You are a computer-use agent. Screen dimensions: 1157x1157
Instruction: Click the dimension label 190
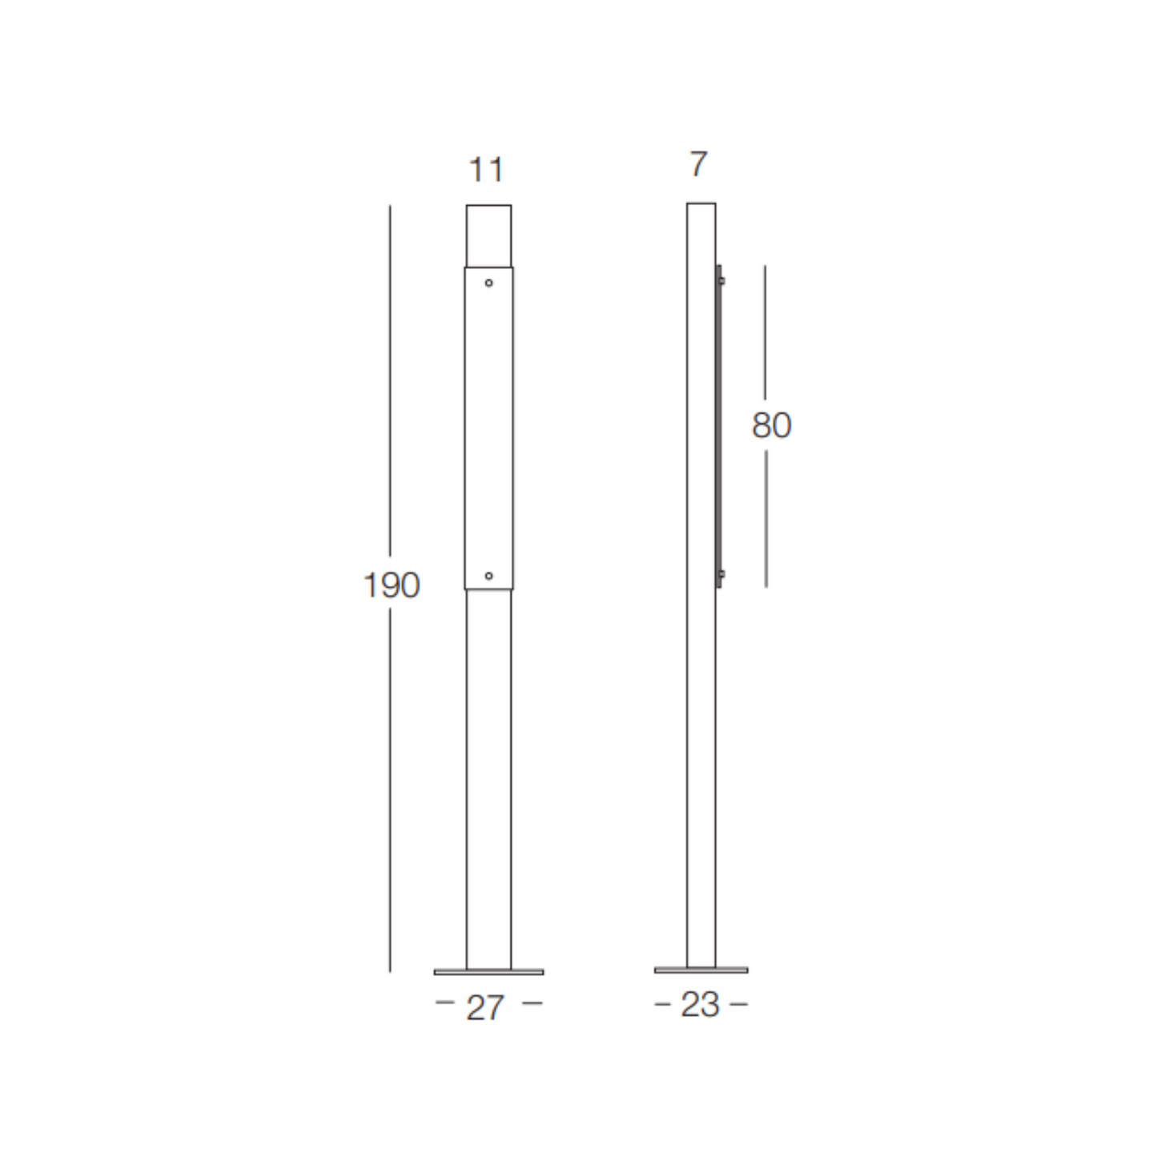click(x=391, y=585)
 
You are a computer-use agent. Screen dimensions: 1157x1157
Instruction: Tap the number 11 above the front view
click(x=486, y=170)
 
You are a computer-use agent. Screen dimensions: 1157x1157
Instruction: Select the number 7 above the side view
click(x=698, y=164)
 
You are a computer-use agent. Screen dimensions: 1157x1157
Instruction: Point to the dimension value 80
click(x=771, y=425)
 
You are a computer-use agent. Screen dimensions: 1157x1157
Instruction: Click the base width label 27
click(x=485, y=1007)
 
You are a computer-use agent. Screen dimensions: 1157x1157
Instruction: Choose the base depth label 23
click(x=700, y=1005)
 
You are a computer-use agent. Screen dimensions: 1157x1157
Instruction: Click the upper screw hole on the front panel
click(x=488, y=283)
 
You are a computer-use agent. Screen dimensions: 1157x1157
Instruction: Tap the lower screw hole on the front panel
click(x=488, y=576)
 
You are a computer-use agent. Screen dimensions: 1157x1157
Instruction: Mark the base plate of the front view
click(x=488, y=972)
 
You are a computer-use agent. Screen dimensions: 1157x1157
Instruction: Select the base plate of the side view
click(x=701, y=970)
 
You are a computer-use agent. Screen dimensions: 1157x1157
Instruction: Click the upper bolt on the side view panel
click(x=721, y=281)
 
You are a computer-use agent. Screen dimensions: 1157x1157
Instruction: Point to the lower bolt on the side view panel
click(x=721, y=575)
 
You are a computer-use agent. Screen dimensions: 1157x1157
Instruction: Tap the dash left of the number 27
click(x=444, y=1002)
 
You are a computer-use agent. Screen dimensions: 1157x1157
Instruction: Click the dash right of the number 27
click(x=532, y=1002)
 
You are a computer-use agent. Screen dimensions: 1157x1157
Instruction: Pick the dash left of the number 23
click(x=662, y=1004)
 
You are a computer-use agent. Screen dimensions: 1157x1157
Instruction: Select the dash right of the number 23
click(x=739, y=1004)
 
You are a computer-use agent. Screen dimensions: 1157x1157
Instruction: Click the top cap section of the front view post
click(x=488, y=235)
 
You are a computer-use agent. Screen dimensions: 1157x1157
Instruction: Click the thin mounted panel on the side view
click(x=719, y=426)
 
